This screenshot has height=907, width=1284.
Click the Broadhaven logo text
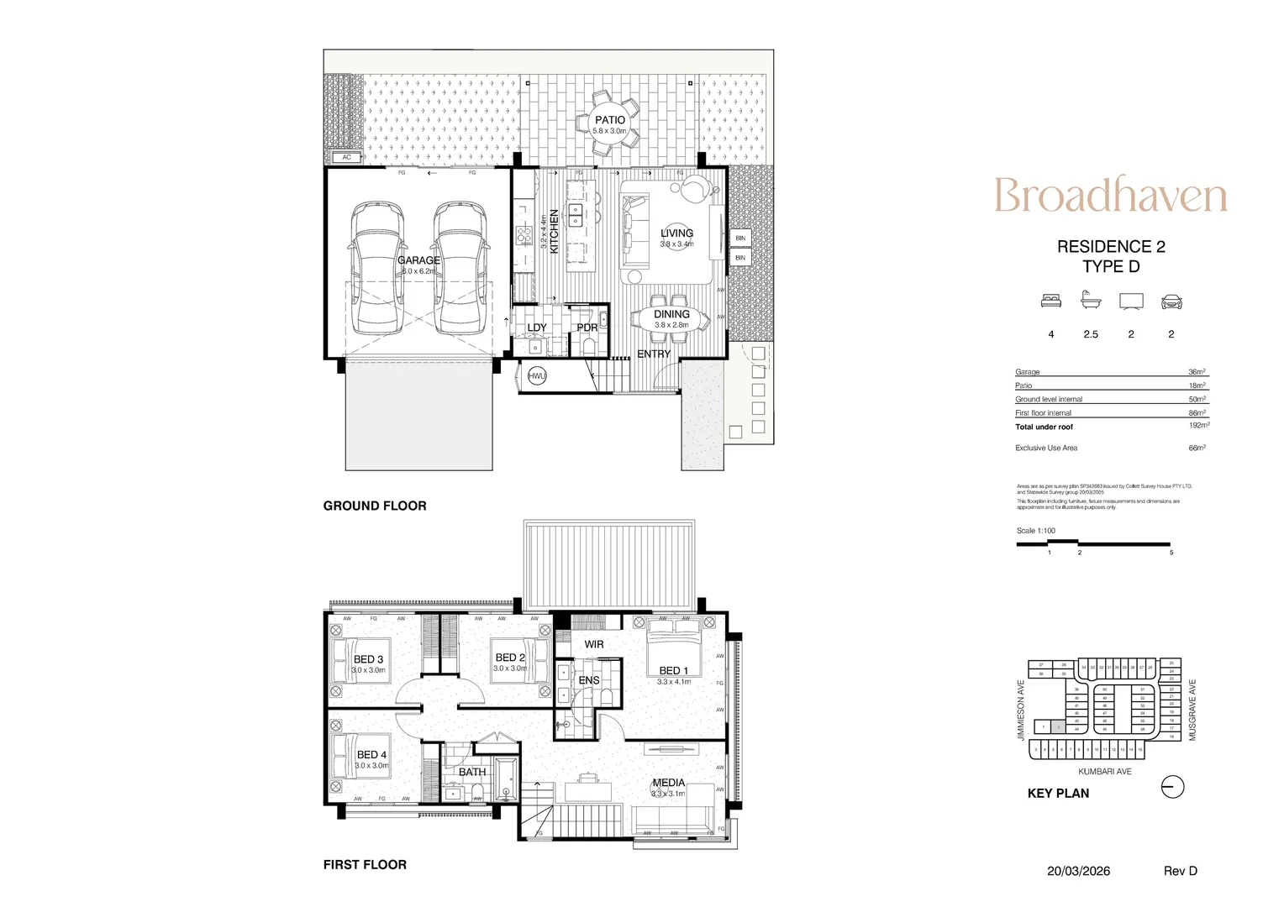tap(1110, 196)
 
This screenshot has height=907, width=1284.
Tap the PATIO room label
tap(610, 120)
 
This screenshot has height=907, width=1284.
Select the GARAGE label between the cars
tap(418, 260)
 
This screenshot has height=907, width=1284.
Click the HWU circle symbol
tap(537, 376)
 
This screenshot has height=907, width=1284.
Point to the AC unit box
tap(346, 157)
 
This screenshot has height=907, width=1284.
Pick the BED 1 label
tap(673, 670)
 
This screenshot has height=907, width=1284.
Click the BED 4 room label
tap(371, 755)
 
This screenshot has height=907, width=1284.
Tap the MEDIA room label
tap(669, 782)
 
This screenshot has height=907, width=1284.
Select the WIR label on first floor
tap(594, 644)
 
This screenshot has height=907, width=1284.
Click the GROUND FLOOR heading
tap(375, 506)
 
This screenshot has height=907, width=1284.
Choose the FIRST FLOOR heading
tap(365, 864)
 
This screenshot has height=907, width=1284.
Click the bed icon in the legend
tap(1050, 301)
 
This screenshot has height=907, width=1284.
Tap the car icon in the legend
tap(1171, 301)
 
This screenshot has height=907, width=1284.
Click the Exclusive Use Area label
tap(1046, 448)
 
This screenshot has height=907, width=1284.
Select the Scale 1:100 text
tap(1036, 531)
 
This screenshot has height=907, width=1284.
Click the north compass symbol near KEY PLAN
tap(1173, 787)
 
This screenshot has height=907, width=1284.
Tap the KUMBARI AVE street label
tap(1105, 771)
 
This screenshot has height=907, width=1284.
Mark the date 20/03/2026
tap(1078, 871)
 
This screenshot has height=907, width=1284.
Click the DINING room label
tap(671, 314)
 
